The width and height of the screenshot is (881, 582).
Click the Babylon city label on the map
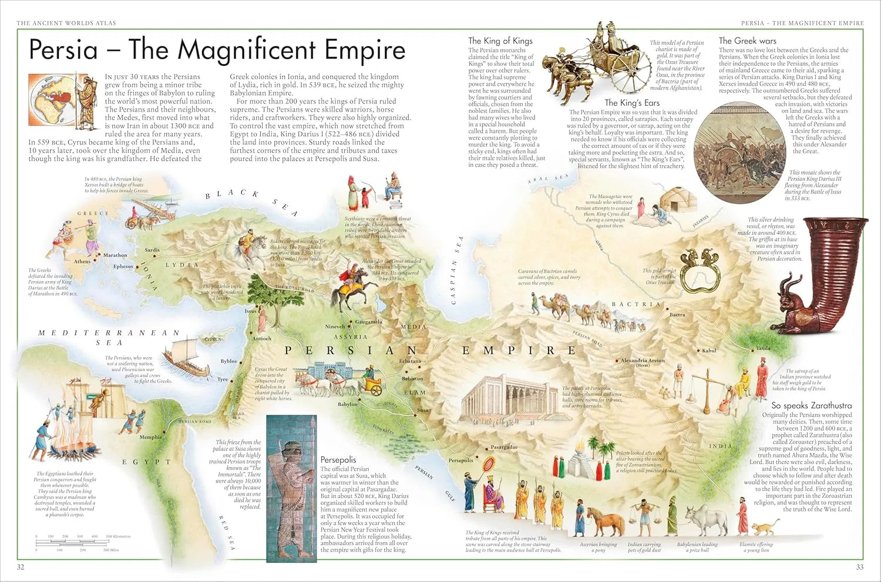point(347,404)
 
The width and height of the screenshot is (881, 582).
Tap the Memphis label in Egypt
point(150,437)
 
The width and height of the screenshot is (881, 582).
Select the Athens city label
point(82,261)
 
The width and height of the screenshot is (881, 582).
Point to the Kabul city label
point(709,351)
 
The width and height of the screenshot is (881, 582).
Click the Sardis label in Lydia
point(152,250)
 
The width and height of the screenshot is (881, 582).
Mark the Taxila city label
point(763,348)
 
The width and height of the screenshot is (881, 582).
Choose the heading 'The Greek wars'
point(747,41)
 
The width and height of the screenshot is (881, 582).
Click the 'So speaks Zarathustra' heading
point(811,405)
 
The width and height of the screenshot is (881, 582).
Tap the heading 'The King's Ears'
point(632,103)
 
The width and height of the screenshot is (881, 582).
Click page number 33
point(859,567)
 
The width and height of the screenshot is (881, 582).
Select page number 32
point(21,567)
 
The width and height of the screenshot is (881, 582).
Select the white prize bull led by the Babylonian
point(704,519)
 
